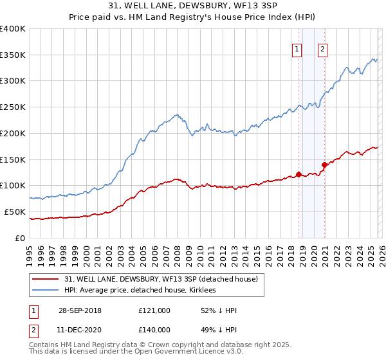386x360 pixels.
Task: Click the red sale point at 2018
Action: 299,174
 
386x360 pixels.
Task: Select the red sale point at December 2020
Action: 324,165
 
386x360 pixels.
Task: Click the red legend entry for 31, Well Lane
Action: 161,279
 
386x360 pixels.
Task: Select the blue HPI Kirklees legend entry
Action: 142,290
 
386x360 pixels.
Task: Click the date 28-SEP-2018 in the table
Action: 79,310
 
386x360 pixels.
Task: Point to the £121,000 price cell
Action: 154,310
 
